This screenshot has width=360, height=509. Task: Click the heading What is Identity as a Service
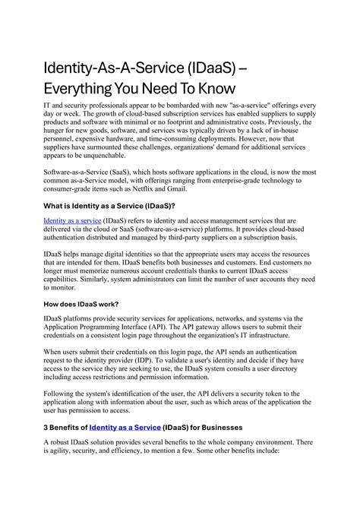click(x=109, y=207)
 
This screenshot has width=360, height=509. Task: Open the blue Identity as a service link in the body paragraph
click(x=72, y=220)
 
